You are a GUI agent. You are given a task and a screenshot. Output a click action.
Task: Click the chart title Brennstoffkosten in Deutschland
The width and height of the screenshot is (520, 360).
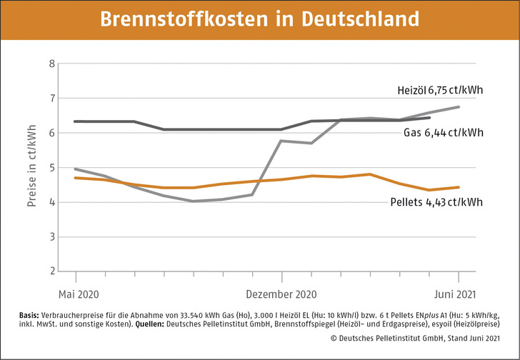coord(260,19)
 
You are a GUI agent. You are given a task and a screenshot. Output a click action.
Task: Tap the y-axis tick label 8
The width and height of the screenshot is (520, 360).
coord(51,64)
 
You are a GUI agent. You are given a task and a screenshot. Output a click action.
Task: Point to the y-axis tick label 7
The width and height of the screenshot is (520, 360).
coord(51,98)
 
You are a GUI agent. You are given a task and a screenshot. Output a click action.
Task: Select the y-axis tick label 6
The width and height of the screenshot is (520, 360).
coord(51,133)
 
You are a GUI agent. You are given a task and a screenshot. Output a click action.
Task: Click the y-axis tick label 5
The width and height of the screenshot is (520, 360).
coord(51,168)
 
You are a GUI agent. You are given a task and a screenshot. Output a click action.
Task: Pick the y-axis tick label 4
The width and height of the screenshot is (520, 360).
coord(51,202)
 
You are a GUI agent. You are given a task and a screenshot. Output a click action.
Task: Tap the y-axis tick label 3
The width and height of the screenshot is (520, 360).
coord(51,237)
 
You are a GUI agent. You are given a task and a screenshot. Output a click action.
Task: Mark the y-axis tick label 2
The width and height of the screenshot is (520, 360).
coord(51,271)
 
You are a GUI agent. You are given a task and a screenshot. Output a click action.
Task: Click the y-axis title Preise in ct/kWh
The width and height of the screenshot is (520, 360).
coord(31,168)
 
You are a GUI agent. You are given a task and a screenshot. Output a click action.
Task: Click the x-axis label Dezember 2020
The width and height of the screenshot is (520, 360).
coord(281,294)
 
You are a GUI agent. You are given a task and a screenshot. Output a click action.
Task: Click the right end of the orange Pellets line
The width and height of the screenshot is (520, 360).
coord(458,187)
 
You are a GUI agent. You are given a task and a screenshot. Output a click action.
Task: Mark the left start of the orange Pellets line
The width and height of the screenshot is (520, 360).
coord(75,178)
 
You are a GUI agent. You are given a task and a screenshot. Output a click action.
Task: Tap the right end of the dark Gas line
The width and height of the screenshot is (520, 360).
coord(429,118)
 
